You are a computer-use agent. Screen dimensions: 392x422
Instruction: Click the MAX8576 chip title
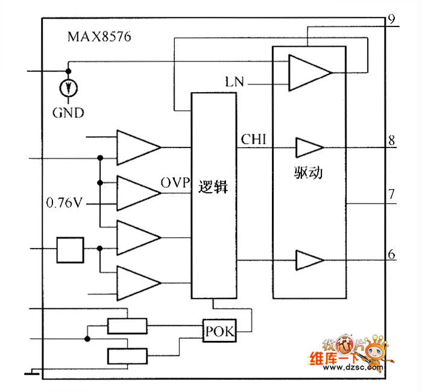[99, 37]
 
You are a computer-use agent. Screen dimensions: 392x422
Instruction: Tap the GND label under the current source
[68, 112]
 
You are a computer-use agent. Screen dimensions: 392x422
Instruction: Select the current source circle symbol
[69, 89]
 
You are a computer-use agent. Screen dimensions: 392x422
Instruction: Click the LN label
[234, 82]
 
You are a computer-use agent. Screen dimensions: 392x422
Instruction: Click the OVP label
[175, 182]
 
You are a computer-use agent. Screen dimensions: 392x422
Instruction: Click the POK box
[219, 330]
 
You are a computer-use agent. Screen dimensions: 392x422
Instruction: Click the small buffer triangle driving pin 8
[308, 146]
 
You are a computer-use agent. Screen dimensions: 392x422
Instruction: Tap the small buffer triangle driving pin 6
[308, 260]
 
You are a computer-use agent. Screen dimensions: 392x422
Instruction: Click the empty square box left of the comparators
[70, 249]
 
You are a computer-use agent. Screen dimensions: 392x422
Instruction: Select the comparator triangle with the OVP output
[136, 193]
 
